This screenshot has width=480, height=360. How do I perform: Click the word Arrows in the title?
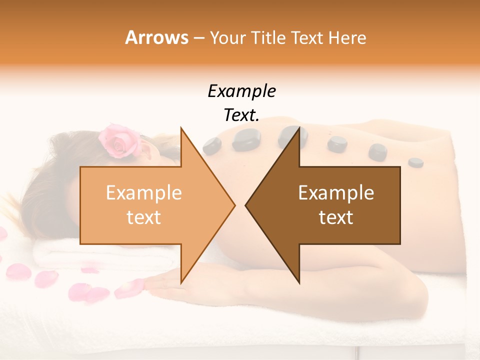tap(156, 37)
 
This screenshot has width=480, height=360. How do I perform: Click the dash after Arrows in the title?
tap(198, 38)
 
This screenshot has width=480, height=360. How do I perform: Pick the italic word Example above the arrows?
tap(241, 91)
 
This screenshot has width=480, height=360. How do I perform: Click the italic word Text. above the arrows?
tap(241, 115)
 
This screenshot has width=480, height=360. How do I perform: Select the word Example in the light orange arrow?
tap(143, 193)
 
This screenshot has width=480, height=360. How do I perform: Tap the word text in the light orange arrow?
tap(143, 217)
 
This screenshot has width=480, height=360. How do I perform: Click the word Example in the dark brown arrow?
tap(336, 193)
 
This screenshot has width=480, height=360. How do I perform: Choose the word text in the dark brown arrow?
tap(336, 217)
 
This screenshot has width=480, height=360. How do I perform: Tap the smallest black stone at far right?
tap(415, 162)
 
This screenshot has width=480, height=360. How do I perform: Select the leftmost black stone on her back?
tap(212, 145)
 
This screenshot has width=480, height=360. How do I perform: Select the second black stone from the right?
tap(377, 151)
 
